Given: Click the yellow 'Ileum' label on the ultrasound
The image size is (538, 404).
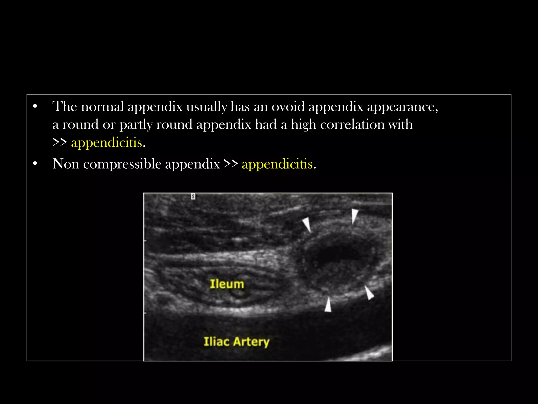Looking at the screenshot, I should click(x=227, y=284).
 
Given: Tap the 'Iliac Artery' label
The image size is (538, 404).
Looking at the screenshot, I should click(x=236, y=341).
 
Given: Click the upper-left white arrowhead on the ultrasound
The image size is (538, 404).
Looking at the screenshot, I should click(x=307, y=224).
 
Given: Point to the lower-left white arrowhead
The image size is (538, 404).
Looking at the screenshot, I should click(x=328, y=305).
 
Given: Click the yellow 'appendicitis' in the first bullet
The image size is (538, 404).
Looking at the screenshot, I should click(x=106, y=143).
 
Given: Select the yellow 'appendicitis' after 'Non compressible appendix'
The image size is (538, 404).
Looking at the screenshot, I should click(x=277, y=164).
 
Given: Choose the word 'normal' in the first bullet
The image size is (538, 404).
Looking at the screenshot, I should click(x=102, y=107).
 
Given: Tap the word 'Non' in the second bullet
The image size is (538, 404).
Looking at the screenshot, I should click(x=66, y=164).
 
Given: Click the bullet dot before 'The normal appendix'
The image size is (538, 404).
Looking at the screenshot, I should click(x=35, y=107).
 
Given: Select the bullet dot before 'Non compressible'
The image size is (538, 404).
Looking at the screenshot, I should click(x=35, y=164).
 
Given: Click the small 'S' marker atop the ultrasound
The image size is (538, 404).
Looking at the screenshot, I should click(x=193, y=196).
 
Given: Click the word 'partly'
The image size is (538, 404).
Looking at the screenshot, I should click(x=136, y=124).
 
